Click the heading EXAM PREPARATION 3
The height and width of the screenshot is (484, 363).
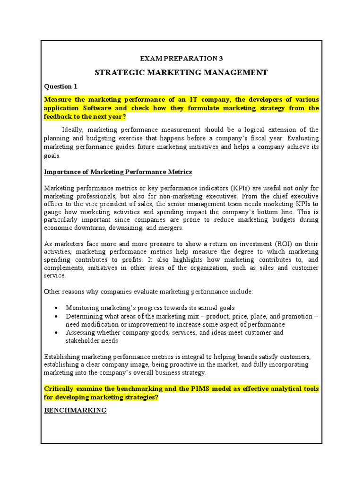click(181, 59)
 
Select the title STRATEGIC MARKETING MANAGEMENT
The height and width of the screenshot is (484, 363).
click(181, 72)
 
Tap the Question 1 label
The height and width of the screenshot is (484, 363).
click(60, 86)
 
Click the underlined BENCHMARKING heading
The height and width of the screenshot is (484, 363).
click(75, 410)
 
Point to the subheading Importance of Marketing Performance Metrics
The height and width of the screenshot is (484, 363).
click(118, 172)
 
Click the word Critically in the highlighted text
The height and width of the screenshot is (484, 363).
click(60, 389)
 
